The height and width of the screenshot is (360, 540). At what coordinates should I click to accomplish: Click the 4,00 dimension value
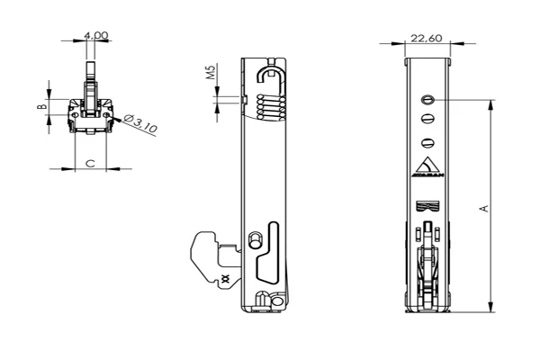[x=95, y=35]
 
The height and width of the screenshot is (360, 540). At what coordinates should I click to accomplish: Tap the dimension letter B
[x=40, y=107]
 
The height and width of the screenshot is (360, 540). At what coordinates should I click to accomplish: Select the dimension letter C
[x=89, y=162]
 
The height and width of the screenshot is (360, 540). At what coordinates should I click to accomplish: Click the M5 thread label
[x=210, y=72]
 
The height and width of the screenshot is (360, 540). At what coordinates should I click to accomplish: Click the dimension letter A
[x=484, y=208]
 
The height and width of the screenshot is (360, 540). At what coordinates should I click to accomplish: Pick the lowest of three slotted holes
[x=427, y=140]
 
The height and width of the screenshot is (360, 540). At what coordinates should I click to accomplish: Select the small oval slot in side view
[x=254, y=239]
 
